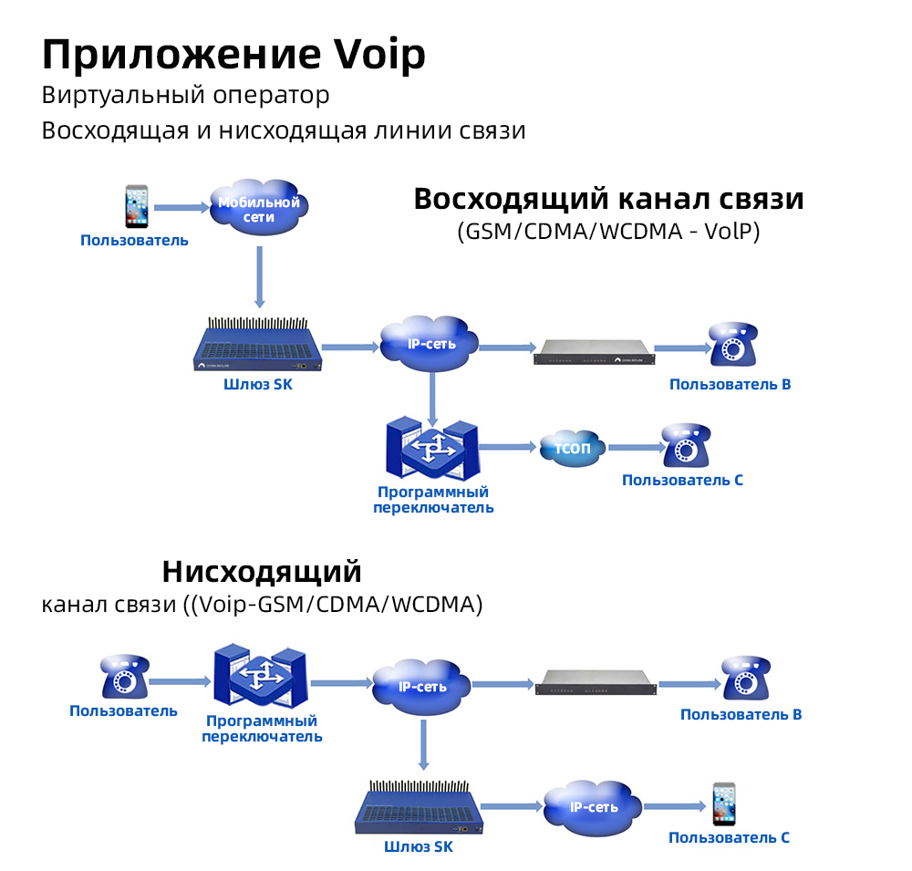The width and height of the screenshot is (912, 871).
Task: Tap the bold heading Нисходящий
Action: click(262, 572)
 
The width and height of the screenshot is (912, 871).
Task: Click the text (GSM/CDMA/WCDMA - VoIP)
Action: click(608, 232)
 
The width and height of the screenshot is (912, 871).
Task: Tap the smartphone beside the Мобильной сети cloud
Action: click(136, 207)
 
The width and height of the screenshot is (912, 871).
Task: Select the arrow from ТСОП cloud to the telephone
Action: click(635, 448)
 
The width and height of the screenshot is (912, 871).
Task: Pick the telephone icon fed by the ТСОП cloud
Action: click(686, 446)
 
